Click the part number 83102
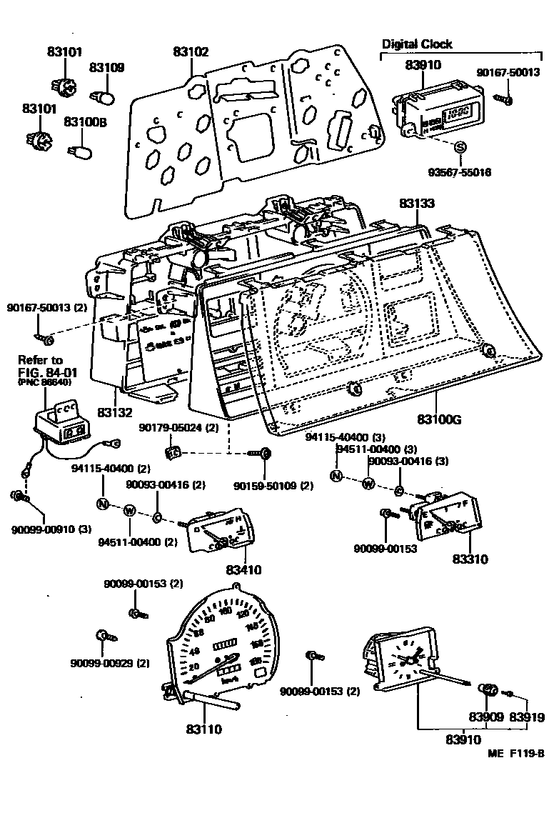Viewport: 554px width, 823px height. pyautogui.click(x=191, y=52)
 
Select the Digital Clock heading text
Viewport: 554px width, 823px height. pyautogui.click(x=417, y=44)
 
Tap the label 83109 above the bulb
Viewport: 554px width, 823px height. pyautogui.click(x=106, y=68)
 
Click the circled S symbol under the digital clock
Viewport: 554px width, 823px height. pyautogui.click(x=460, y=148)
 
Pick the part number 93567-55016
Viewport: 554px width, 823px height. pyautogui.click(x=460, y=173)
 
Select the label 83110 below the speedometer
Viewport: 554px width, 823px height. pyautogui.click(x=204, y=729)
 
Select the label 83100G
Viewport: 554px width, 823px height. pyautogui.click(x=439, y=419)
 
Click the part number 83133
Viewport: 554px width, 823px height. pyautogui.click(x=417, y=204)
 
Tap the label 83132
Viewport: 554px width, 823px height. pyautogui.click(x=116, y=413)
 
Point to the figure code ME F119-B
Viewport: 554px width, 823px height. pyautogui.click(x=516, y=753)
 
